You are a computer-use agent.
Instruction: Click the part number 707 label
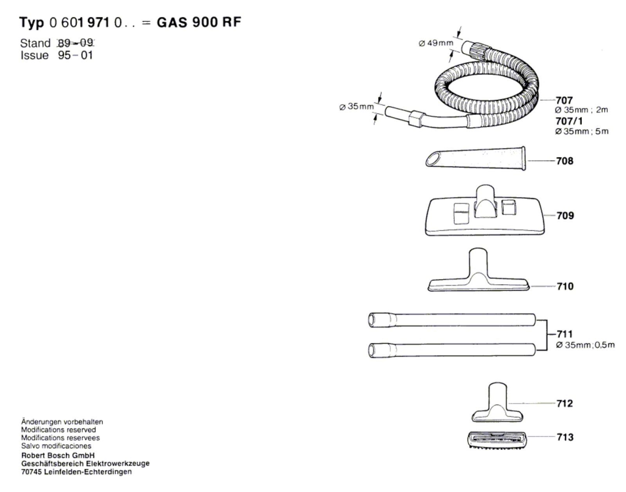click(564, 100)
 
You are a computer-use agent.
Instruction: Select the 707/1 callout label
click(568, 121)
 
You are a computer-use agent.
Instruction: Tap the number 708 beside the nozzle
click(565, 161)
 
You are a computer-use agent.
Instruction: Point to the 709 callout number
click(565, 215)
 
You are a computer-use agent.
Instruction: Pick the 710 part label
click(565, 287)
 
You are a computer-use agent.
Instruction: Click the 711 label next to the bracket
click(565, 334)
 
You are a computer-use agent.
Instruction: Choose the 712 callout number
click(565, 403)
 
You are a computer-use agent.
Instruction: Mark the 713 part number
click(565, 437)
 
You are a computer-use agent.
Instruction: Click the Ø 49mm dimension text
click(435, 43)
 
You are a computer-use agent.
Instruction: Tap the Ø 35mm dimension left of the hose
click(356, 106)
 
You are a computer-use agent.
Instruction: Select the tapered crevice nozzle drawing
click(476, 158)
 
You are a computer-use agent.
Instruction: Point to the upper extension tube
click(452, 320)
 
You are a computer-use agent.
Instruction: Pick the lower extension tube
click(452, 350)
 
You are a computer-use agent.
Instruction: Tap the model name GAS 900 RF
click(199, 22)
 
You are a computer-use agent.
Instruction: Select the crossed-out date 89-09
click(76, 43)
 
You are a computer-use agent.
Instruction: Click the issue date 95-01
click(76, 55)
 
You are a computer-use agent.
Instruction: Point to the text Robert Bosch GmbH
click(58, 456)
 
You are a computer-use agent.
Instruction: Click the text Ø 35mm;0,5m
click(585, 345)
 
